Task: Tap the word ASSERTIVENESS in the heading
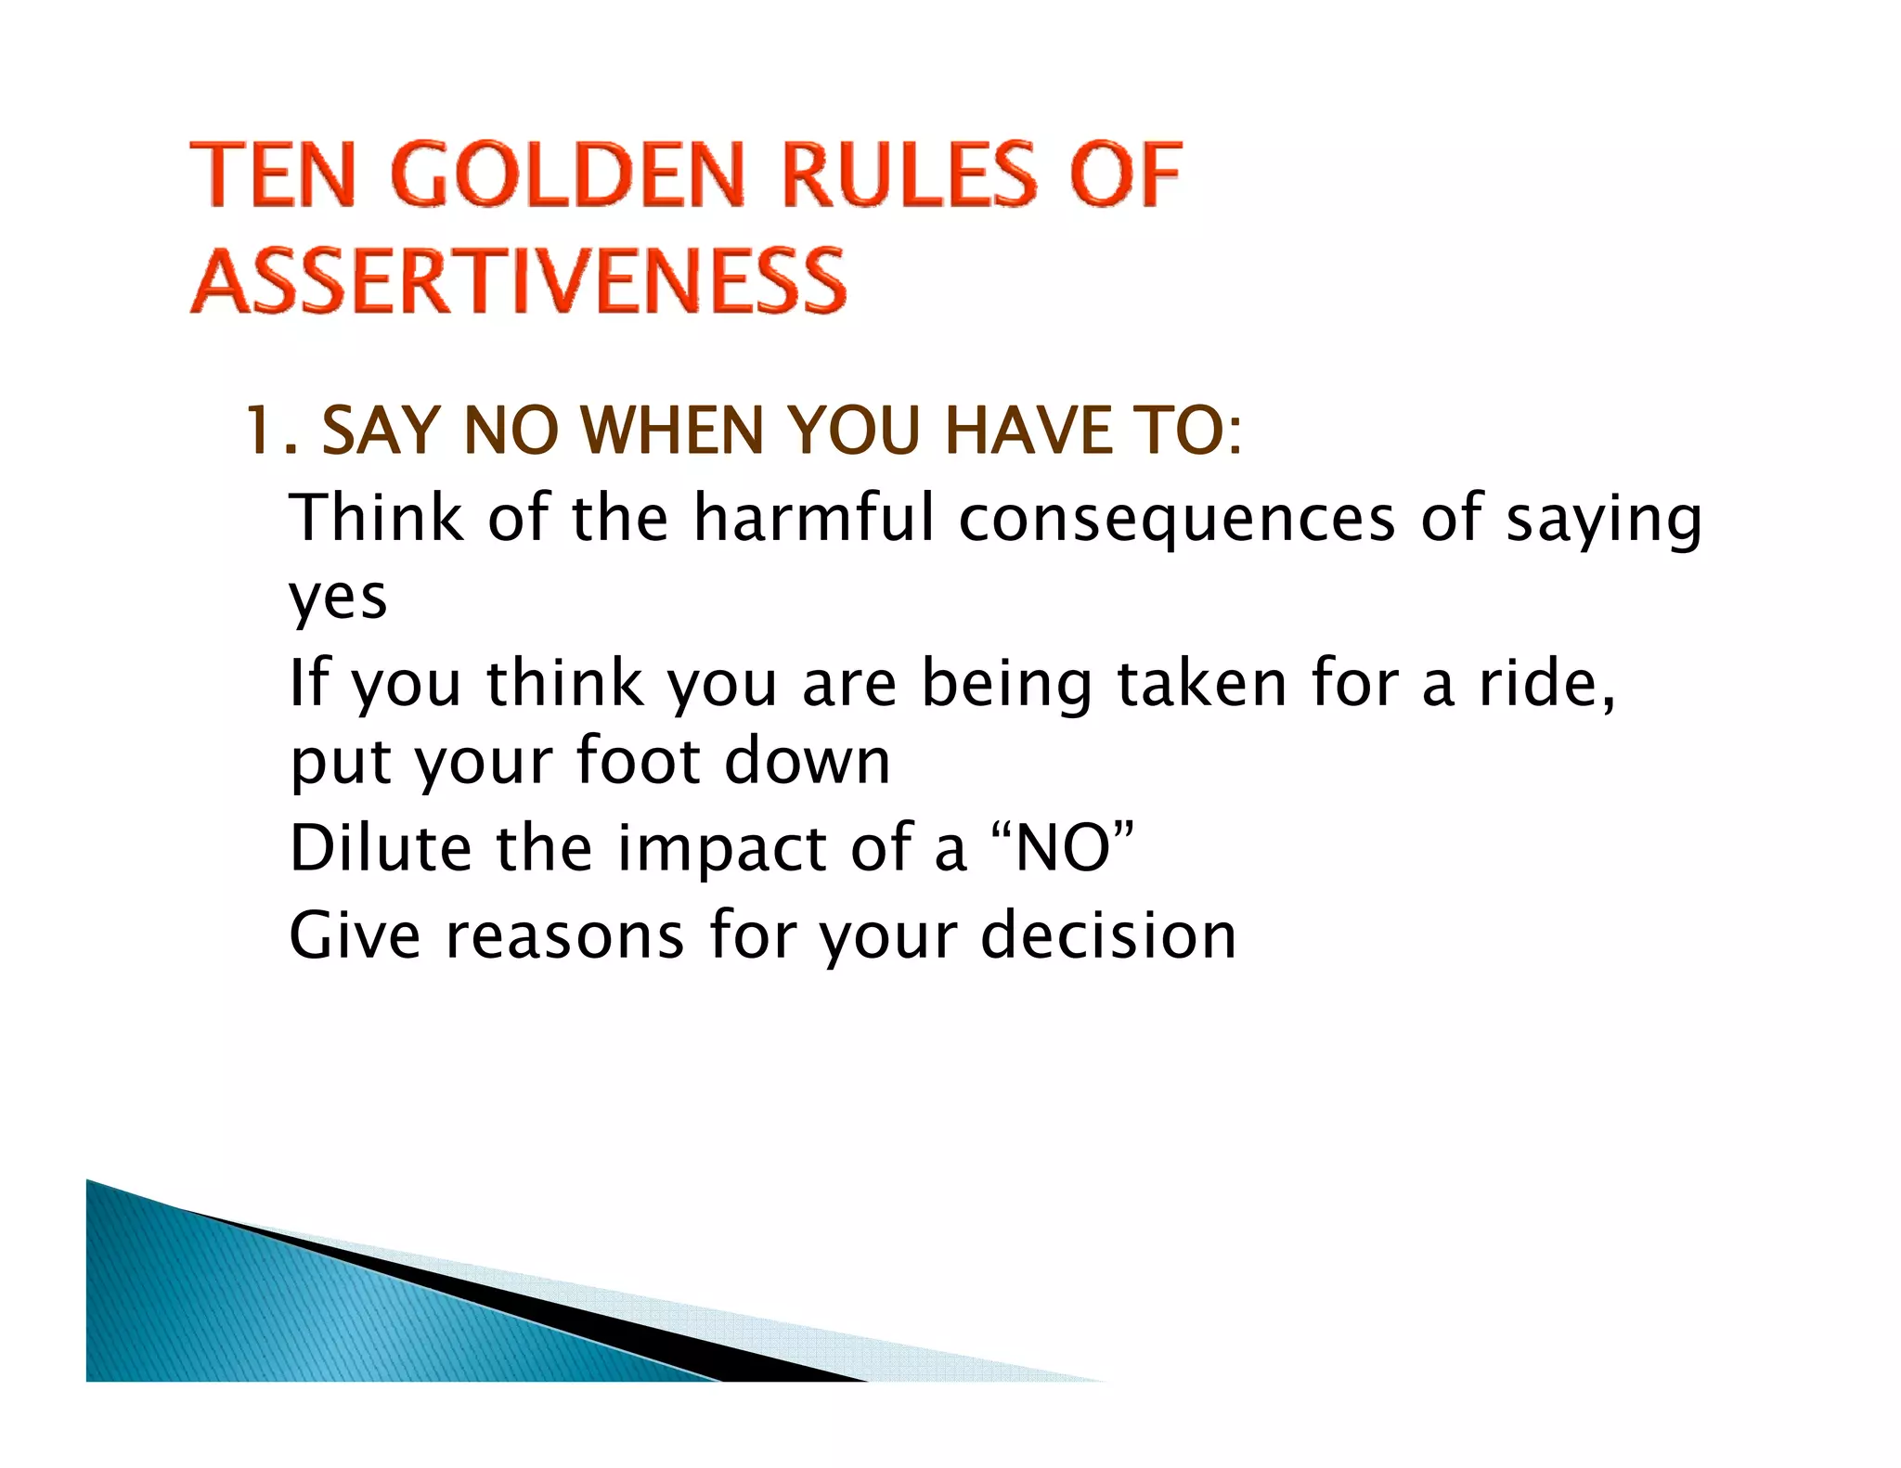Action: point(519,280)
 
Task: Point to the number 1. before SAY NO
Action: point(268,431)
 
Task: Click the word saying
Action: point(1604,520)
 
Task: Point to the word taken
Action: point(1201,683)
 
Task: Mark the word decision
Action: point(1108,935)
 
